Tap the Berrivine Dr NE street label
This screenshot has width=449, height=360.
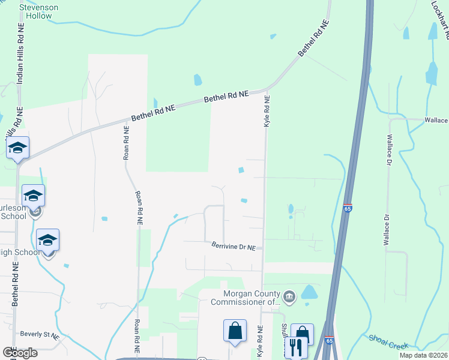[234, 246]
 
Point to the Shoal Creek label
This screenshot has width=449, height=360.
[388, 342]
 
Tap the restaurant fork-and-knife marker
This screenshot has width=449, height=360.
[295, 347]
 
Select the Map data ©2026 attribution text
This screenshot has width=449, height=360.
[424, 355]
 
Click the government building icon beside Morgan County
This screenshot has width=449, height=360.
[289, 296]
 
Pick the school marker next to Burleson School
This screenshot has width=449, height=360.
[34, 196]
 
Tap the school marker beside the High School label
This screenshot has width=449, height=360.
[47, 240]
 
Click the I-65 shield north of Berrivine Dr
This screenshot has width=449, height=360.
[348, 208]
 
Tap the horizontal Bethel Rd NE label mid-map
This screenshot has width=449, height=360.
[226, 96]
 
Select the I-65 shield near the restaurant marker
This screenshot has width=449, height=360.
[330, 340]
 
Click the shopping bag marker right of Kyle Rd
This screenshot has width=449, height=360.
[302, 334]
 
